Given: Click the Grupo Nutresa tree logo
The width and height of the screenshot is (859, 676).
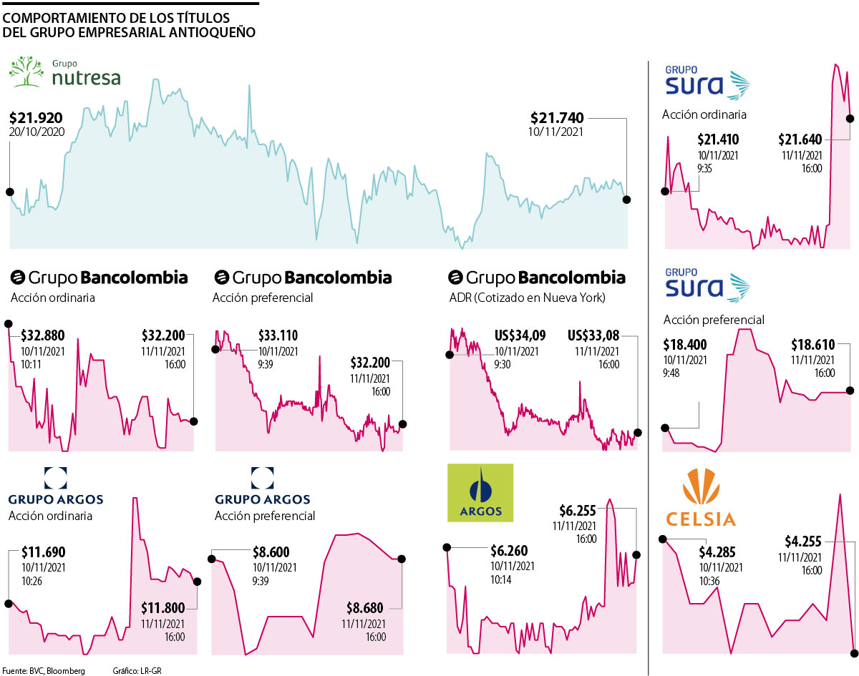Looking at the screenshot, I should [26, 72].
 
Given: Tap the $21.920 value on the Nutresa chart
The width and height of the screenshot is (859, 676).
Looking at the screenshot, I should [37, 118].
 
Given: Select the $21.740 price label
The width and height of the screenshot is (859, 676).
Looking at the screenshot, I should [557, 118].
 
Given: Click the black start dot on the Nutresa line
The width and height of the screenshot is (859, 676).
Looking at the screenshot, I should [9, 192].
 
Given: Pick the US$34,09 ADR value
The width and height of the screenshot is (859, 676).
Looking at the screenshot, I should [517, 335].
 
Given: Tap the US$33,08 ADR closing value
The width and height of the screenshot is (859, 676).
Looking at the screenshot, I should [593, 335].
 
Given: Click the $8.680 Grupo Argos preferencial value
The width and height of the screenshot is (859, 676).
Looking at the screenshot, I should [366, 608].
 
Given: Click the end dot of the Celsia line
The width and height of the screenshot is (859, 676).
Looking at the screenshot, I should [854, 652].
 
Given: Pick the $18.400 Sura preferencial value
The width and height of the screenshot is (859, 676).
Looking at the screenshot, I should [684, 344].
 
